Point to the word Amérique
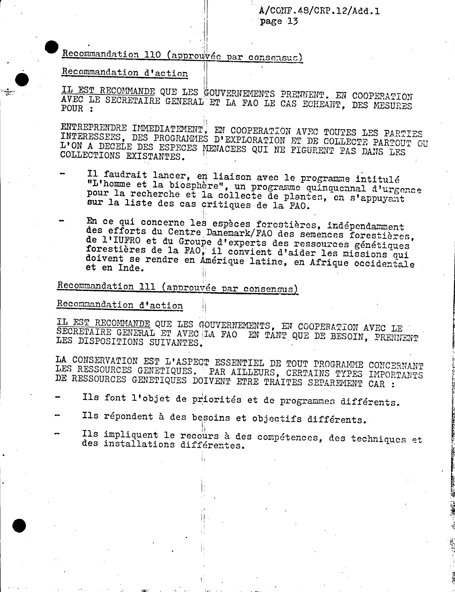click(x=222, y=261)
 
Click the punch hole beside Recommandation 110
click(x=52, y=47)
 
